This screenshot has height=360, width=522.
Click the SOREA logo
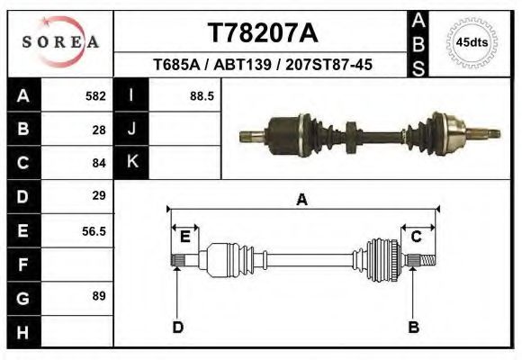click(x=60, y=41)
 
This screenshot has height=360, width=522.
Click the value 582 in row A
click(x=95, y=95)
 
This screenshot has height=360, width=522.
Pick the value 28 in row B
click(x=99, y=129)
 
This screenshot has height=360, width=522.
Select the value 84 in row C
click(x=99, y=163)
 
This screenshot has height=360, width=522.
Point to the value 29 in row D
click(x=99, y=195)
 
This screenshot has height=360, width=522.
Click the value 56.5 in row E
click(x=94, y=230)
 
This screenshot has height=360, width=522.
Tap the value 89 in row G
click(x=99, y=296)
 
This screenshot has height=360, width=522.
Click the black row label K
click(x=131, y=162)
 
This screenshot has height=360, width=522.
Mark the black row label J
click(x=131, y=129)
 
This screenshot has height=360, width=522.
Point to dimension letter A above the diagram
click(x=301, y=200)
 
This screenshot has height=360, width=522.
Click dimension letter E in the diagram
click(x=184, y=237)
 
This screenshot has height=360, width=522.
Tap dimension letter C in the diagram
click(x=417, y=237)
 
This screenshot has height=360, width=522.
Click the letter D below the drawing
click(x=177, y=327)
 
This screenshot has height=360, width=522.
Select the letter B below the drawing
click(x=413, y=327)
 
